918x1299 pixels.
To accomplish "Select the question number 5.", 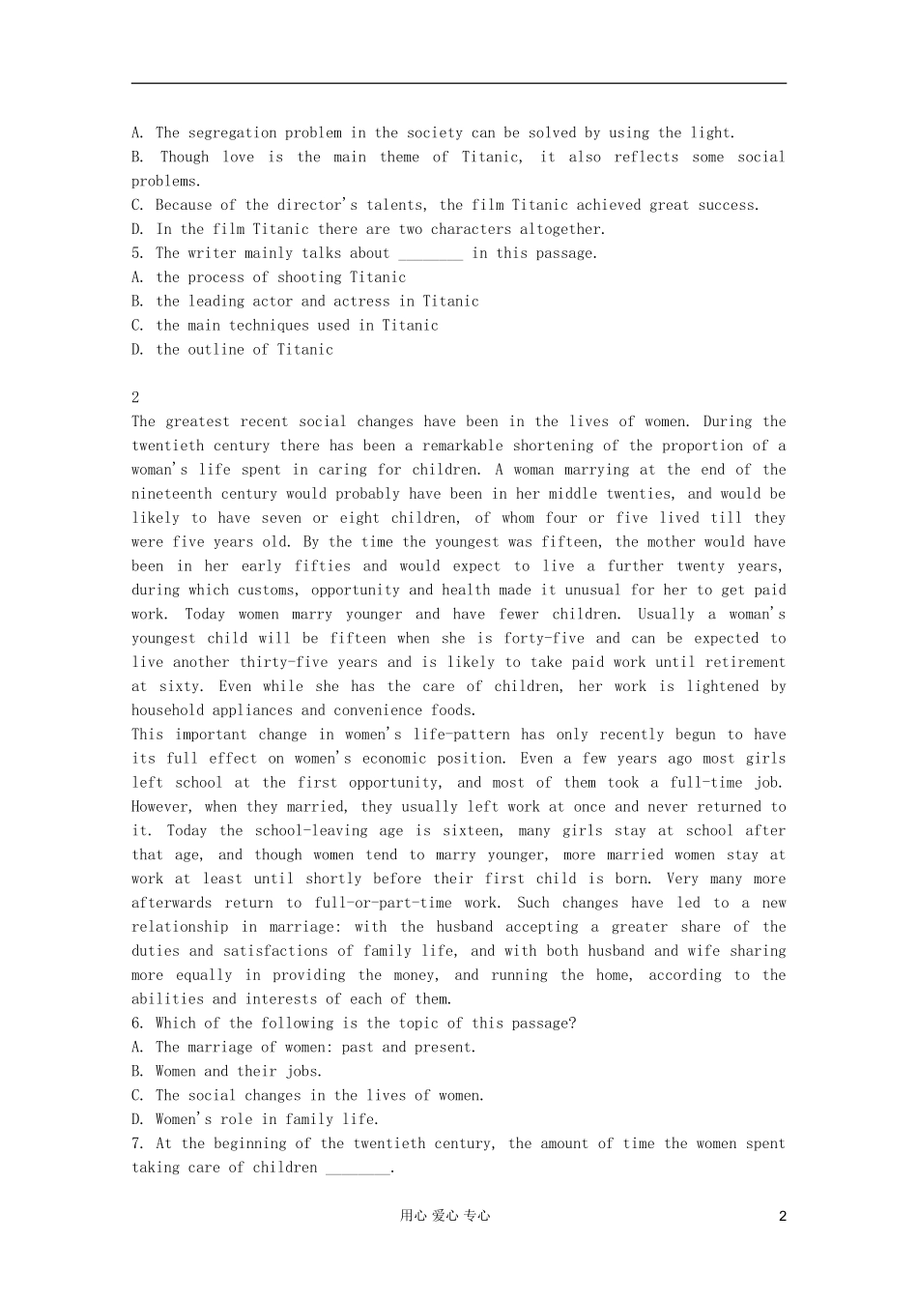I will pyautogui.click(x=137, y=253).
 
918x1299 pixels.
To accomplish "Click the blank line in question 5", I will pyautogui.click(x=430, y=255).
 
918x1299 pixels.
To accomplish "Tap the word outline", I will pyautogui.click(x=215, y=350).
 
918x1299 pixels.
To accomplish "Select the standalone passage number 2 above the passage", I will pyautogui.click(x=135, y=397).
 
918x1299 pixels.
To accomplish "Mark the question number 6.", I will pyautogui.click(x=137, y=1024).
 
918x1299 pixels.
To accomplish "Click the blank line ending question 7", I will pyautogui.click(x=358, y=1169).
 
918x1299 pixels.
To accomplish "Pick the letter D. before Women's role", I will pyautogui.click(x=137, y=1120).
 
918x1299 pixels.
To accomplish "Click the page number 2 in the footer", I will pyautogui.click(x=783, y=1216).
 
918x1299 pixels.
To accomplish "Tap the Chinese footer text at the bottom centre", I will pyautogui.click(x=445, y=1216).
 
